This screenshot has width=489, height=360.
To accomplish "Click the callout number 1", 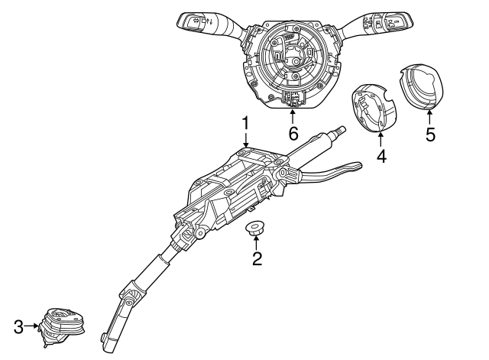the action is (x=246, y=124).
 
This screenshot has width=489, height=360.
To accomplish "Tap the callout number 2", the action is (x=257, y=258).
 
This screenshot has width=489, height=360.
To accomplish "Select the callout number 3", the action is (x=18, y=327).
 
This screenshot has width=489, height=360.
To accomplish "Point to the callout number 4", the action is (x=381, y=156).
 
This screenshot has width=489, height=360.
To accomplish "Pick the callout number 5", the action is (x=430, y=135).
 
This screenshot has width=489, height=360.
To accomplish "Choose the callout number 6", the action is (x=293, y=134).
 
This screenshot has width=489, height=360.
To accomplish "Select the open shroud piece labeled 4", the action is (x=374, y=108).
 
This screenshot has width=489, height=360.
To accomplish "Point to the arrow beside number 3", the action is (x=31, y=326).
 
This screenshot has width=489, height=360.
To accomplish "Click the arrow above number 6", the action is (x=293, y=117).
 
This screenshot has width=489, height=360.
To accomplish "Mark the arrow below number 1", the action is (x=246, y=139).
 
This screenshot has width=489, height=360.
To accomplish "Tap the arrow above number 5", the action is (x=429, y=118).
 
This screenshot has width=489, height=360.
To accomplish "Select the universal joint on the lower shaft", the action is (x=132, y=293).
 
